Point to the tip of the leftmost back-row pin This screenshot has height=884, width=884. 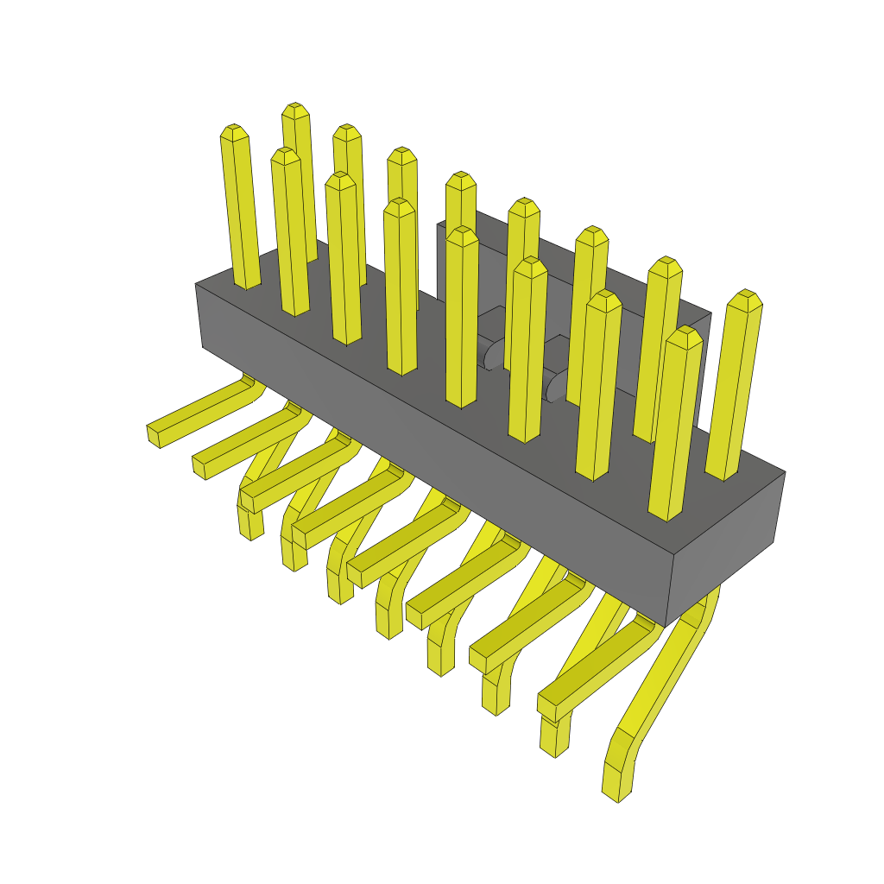point(295,109)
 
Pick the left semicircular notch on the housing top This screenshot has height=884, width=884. point(494,354)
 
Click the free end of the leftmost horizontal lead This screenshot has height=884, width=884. point(154,435)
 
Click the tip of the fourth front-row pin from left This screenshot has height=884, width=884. point(400,205)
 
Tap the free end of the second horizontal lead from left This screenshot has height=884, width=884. point(199,467)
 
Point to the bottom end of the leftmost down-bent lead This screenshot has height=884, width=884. point(250,530)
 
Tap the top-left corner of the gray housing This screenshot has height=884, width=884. point(197,286)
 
